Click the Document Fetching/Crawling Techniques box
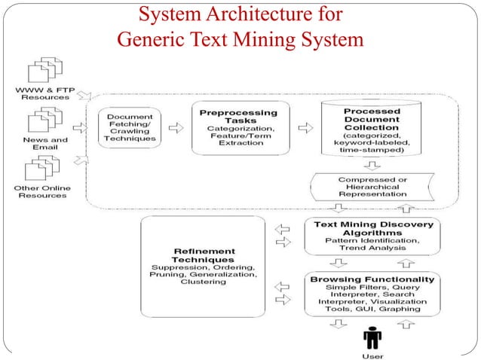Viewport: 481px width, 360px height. click(x=131, y=128)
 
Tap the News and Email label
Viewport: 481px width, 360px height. click(x=44, y=144)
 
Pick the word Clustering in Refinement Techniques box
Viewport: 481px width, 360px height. click(x=203, y=282)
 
